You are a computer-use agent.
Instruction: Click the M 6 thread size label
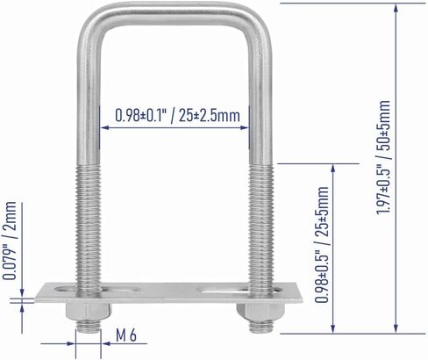tap(126, 335)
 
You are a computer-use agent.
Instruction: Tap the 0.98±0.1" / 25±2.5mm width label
tap(177, 115)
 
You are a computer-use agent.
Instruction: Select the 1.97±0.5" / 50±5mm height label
tap(383, 157)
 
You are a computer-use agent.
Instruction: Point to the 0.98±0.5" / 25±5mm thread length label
tap(322, 244)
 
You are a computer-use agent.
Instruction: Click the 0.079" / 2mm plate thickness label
tap(10, 241)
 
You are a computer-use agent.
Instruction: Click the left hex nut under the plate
tap(89, 312)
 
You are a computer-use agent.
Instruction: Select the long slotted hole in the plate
tap(223, 291)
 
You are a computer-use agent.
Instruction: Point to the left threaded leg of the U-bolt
tap(89, 228)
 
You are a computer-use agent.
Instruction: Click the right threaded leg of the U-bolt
tap(261, 228)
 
